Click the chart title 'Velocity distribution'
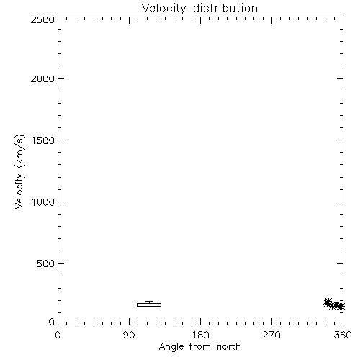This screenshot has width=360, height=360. (x=199, y=9)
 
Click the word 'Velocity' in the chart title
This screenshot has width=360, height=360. (x=164, y=9)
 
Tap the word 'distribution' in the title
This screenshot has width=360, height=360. (x=225, y=8)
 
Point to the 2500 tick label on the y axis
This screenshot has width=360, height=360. (x=42, y=19)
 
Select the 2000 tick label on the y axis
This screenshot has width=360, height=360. (x=42, y=78)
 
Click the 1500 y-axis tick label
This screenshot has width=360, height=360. (x=43, y=140)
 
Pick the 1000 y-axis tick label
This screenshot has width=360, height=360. (x=43, y=202)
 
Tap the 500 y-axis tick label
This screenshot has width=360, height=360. (x=46, y=264)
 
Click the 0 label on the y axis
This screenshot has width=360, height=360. (x=52, y=322)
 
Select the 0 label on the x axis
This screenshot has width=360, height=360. (x=58, y=335)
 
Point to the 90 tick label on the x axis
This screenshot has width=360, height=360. (x=129, y=335)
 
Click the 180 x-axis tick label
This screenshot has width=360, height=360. (x=200, y=335)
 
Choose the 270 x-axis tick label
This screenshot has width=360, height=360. (x=271, y=335)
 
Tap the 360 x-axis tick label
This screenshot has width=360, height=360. (x=343, y=335)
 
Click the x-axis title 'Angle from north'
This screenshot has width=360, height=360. (x=200, y=347)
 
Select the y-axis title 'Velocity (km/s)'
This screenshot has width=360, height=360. (x=19, y=172)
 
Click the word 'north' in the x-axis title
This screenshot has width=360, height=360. (x=229, y=346)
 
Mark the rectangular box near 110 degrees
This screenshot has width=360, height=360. (x=149, y=305)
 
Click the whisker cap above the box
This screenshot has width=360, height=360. (x=149, y=302)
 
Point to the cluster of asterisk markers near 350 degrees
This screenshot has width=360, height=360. (x=333, y=305)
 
